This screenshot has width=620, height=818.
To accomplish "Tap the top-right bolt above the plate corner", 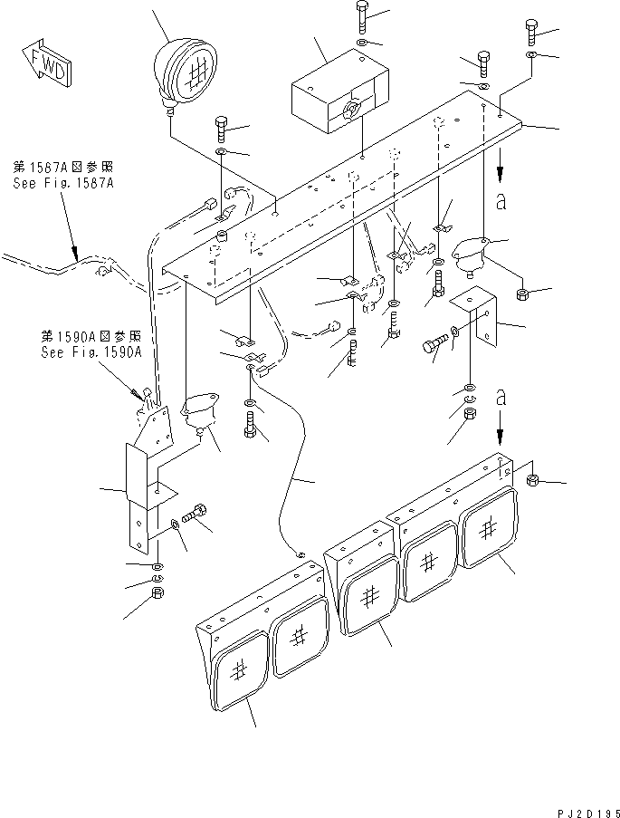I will (531, 33).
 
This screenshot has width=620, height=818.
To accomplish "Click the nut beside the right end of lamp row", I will (533, 479).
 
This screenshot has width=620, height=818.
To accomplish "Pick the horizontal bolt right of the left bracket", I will (195, 515).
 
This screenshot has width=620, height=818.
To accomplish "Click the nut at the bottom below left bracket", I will (156, 593).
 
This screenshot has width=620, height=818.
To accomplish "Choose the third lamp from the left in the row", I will (368, 597).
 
